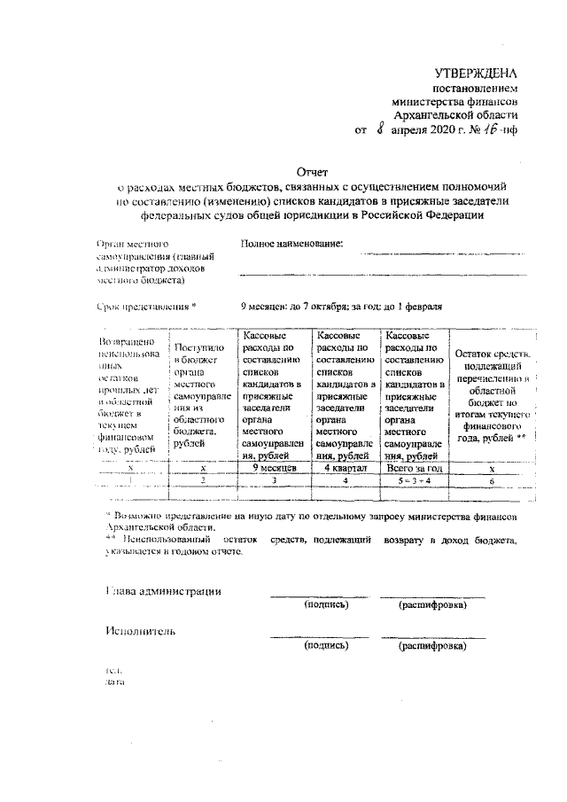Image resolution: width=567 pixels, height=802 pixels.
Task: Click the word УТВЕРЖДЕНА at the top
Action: click(x=475, y=72)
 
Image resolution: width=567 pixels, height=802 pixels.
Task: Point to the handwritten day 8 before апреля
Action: click(x=380, y=129)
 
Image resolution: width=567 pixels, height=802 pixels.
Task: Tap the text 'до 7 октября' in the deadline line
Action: click(x=318, y=307)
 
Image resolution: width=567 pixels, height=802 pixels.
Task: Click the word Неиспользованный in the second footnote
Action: click(x=166, y=538)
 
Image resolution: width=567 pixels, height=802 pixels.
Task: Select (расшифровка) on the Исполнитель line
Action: click(x=432, y=646)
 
